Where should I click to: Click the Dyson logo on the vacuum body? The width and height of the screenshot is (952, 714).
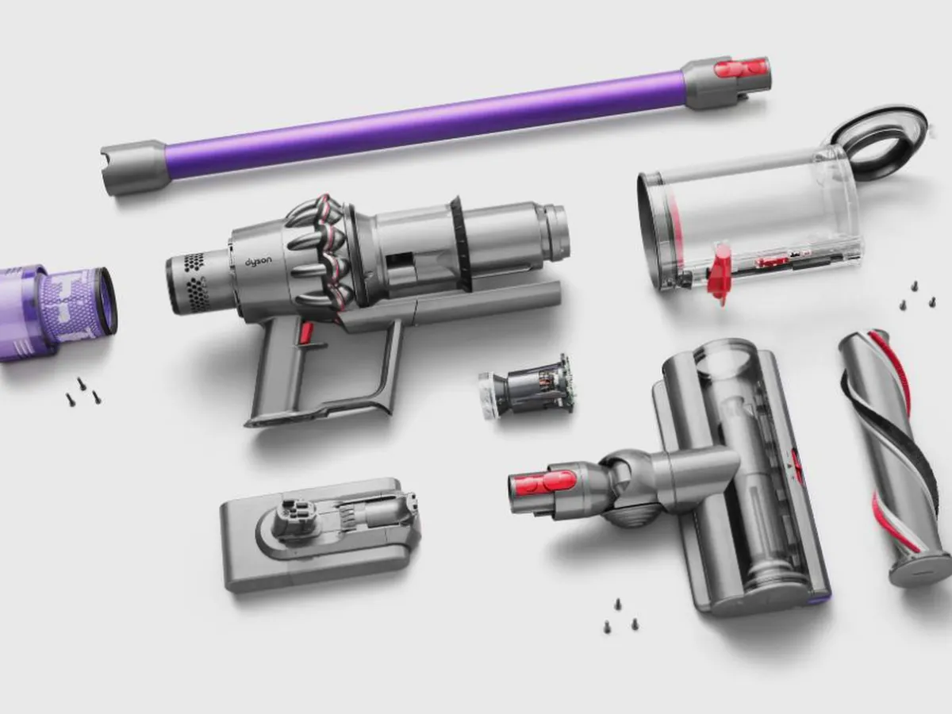[259, 262]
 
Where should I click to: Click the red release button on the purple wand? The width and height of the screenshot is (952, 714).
[741, 68]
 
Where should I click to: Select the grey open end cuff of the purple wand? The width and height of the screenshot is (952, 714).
[133, 167]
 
